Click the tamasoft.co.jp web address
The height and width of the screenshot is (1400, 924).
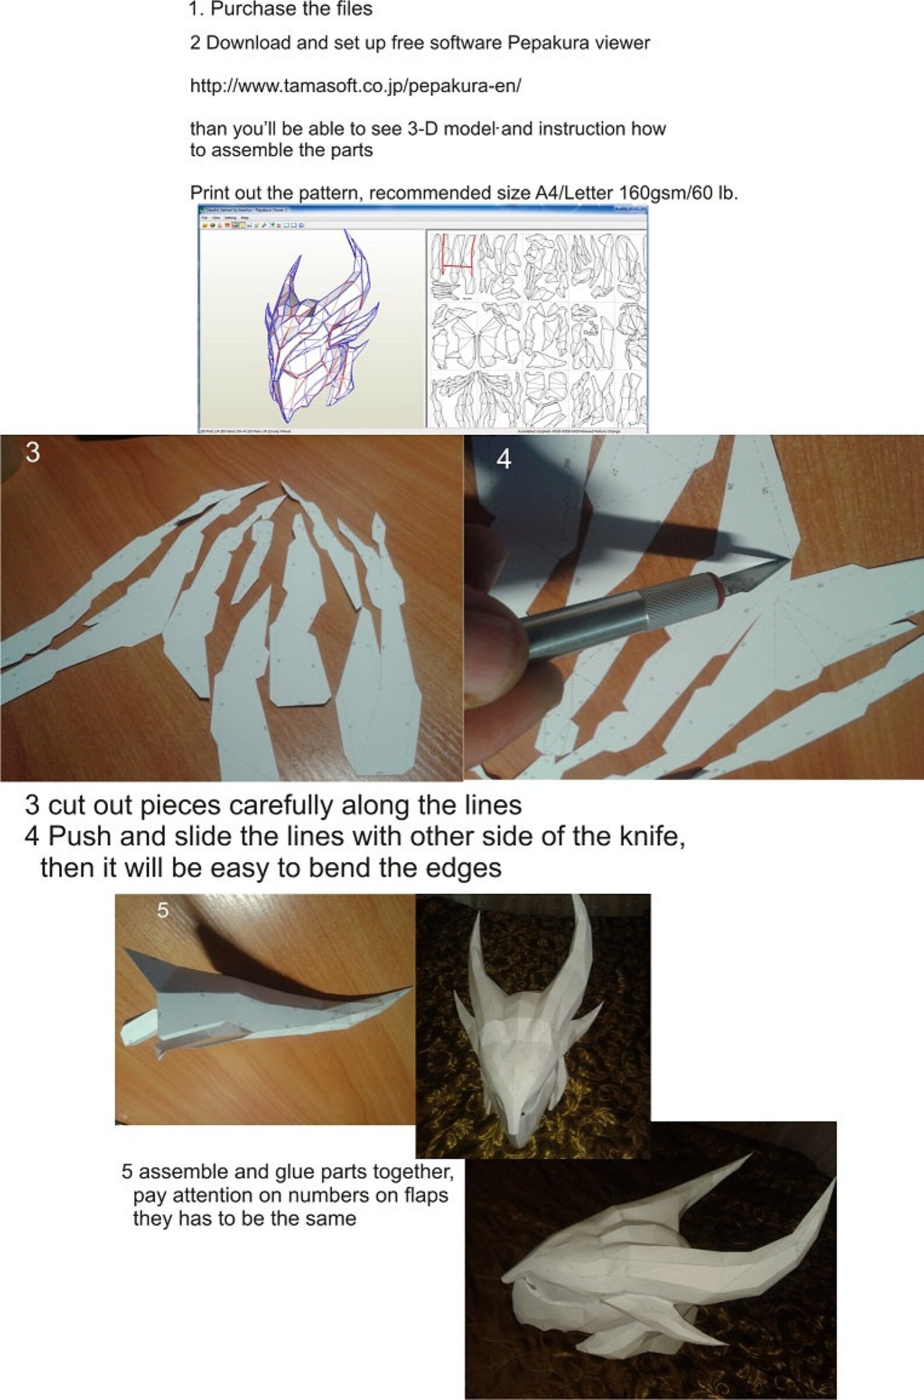click(x=356, y=86)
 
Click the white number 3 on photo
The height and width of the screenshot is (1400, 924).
click(x=33, y=453)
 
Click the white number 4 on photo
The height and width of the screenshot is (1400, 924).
click(x=503, y=460)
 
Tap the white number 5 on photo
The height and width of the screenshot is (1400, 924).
click(x=163, y=911)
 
